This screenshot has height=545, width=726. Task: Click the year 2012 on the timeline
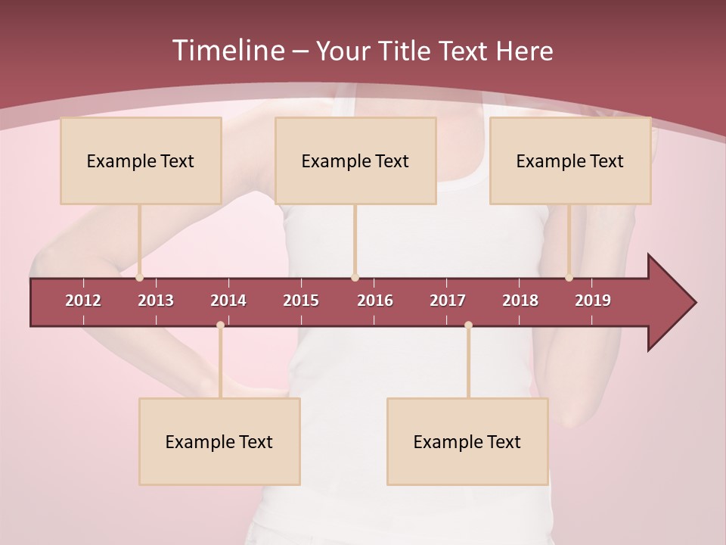point(83,301)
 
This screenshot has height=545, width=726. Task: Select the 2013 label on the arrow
point(156,301)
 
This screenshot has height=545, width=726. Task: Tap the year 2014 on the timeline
point(228,301)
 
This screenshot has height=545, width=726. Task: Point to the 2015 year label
point(301,301)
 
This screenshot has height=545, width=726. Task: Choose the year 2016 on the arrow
point(375,301)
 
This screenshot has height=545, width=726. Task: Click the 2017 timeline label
point(448,301)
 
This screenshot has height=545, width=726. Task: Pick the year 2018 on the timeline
point(520,301)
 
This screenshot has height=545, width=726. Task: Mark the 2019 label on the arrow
point(593,301)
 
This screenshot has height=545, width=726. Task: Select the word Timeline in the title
point(227,51)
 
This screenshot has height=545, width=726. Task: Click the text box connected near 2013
point(141,160)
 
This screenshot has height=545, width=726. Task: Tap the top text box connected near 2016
point(355,160)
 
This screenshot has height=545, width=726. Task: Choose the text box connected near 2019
point(570,160)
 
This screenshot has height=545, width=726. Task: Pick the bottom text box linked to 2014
point(219,441)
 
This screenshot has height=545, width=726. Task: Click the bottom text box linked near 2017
point(467,441)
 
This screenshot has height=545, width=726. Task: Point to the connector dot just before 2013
point(140,278)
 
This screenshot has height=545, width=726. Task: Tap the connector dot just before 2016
point(355,278)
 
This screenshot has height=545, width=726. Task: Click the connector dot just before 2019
point(569,278)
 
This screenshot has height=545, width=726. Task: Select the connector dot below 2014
point(220,325)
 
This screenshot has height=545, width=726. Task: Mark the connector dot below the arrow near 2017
point(468,325)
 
